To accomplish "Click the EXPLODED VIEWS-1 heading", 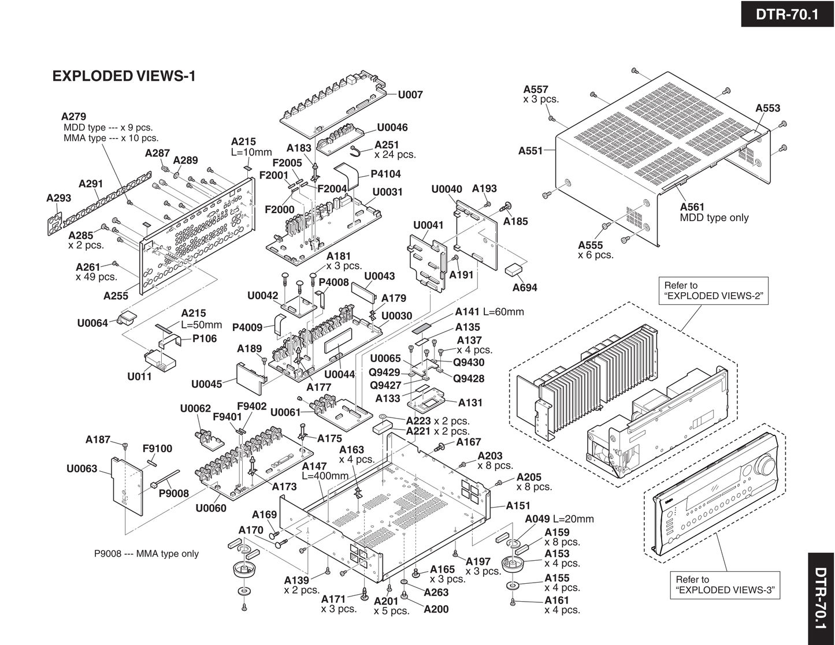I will (124, 76).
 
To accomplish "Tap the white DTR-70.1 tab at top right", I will (787, 14).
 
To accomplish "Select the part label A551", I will (530, 151).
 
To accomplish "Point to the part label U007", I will (410, 95).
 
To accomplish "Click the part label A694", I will (524, 287).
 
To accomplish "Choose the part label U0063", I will (82, 468).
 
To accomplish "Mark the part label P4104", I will (385, 174).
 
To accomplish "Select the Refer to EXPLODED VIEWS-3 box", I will (725, 585).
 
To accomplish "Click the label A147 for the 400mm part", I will (314, 466).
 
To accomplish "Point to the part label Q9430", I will (469, 363).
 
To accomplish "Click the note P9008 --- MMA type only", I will (146, 554).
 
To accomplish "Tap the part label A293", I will (58, 198).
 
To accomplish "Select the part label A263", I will (436, 592).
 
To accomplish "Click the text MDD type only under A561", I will (714, 218).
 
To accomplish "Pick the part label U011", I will (139, 376).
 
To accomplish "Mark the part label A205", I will (529, 477).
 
